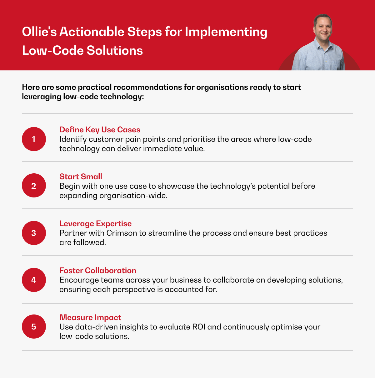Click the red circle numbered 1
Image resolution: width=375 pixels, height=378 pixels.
click(34, 139)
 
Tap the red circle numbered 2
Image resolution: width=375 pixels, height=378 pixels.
click(34, 185)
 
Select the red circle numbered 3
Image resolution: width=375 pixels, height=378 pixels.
click(34, 233)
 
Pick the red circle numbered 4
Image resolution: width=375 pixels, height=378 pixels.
click(34, 280)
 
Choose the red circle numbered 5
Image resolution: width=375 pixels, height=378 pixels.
click(34, 326)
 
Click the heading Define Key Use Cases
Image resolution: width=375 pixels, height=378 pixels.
click(100, 130)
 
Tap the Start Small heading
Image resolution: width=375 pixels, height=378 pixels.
click(81, 176)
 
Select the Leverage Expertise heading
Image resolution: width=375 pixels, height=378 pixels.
click(95, 224)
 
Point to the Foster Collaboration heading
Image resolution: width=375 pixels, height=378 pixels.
click(98, 270)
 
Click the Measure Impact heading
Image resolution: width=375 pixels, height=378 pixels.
click(90, 317)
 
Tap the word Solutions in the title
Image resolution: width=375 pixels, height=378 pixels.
click(115, 50)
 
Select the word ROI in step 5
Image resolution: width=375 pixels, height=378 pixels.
click(199, 327)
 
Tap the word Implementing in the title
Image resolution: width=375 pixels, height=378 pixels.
click(226, 32)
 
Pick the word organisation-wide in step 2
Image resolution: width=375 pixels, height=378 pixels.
click(133, 196)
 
